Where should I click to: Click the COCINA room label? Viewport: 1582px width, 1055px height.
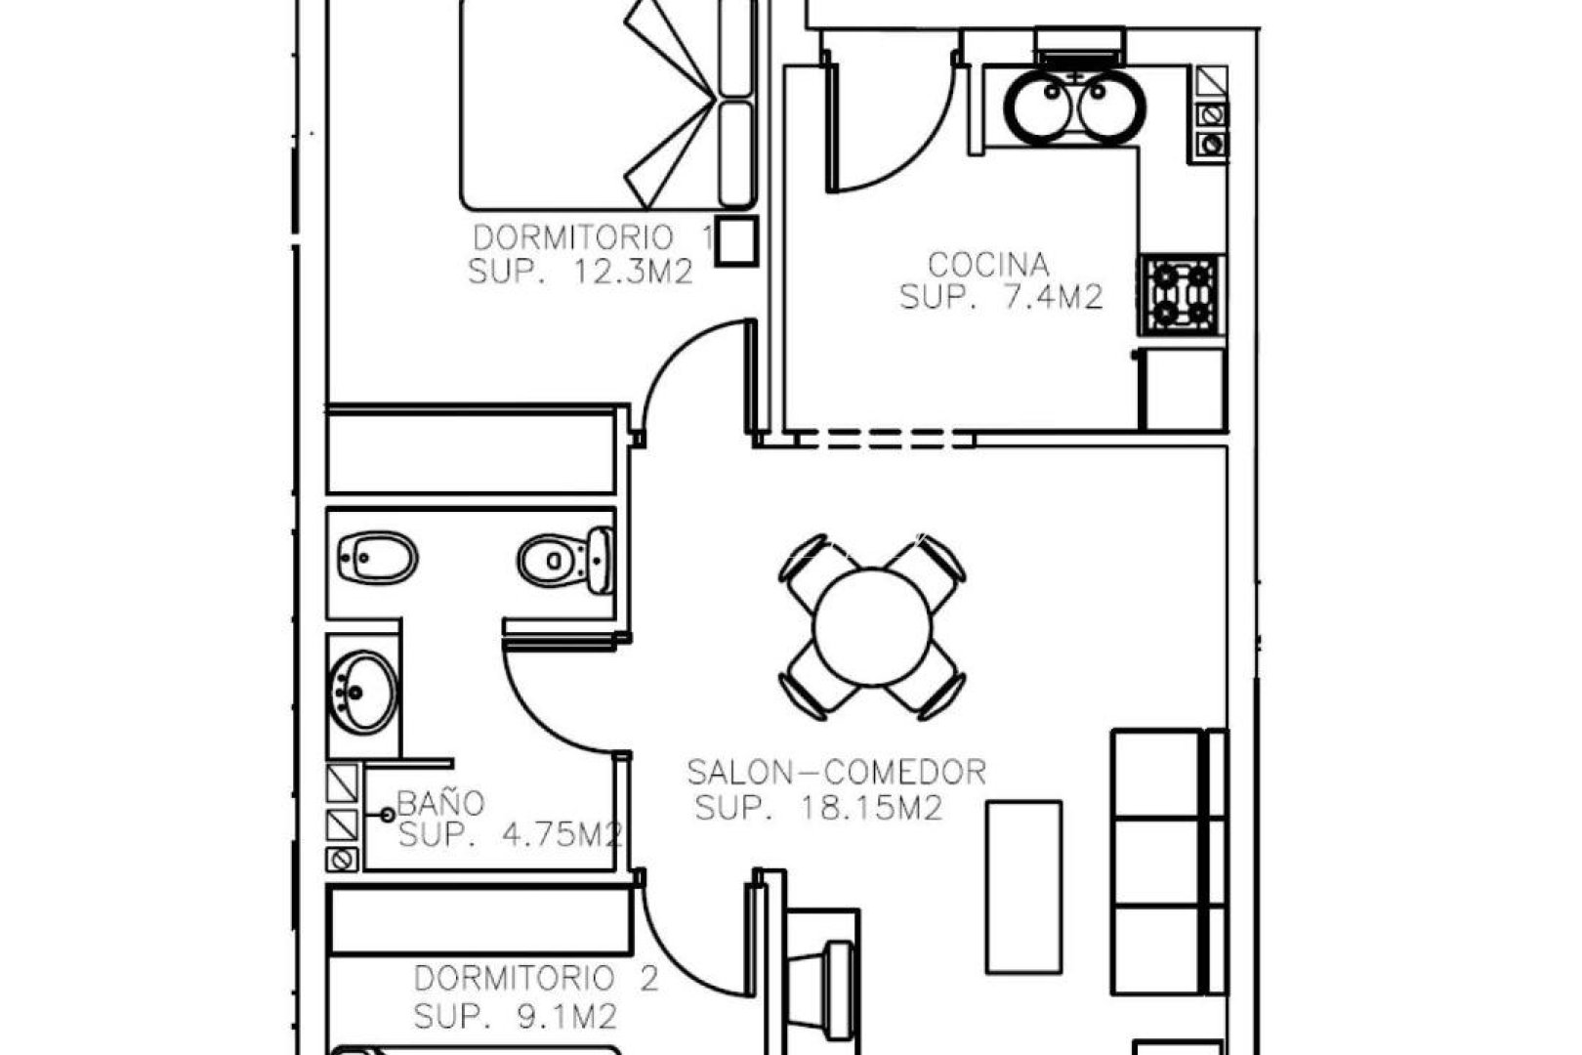coord(988,265)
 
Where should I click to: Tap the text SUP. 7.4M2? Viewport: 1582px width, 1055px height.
coord(1001,297)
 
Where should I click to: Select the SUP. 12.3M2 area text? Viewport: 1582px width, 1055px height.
coord(580,271)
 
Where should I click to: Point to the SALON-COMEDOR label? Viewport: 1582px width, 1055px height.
coord(837,773)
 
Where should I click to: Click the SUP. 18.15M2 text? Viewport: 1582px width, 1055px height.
coord(818,808)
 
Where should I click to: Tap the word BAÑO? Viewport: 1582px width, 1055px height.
coord(440,804)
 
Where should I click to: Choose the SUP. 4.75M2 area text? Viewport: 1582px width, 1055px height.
coord(510,835)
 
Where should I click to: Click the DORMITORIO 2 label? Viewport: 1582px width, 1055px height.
coord(536,979)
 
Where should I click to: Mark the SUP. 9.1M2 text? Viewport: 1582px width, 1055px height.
coord(515,1016)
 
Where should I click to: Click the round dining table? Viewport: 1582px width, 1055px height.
coord(872,628)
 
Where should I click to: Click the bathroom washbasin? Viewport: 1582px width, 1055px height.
coord(364,692)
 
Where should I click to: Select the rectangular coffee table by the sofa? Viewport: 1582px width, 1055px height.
coord(1023,886)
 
